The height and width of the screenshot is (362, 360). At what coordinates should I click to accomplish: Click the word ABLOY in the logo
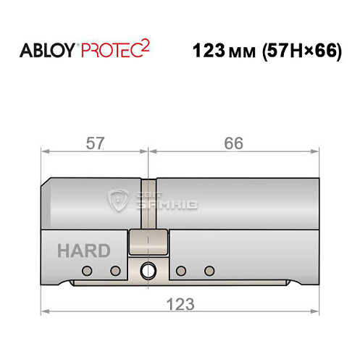click(46, 51)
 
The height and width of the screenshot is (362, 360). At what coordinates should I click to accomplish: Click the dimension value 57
click(93, 143)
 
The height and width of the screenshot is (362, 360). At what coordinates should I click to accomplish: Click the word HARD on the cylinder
click(85, 251)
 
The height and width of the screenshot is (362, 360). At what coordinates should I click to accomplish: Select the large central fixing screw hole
click(148, 271)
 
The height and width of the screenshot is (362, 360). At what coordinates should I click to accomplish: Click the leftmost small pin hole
click(87, 271)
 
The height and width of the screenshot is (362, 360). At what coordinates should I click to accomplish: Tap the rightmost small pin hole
click(209, 271)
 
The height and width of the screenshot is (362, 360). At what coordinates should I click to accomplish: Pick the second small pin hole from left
click(114, 271)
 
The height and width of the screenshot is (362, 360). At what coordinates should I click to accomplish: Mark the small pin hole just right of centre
click(181, 271)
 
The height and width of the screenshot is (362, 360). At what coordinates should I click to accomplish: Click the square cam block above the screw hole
click(148, 243)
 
